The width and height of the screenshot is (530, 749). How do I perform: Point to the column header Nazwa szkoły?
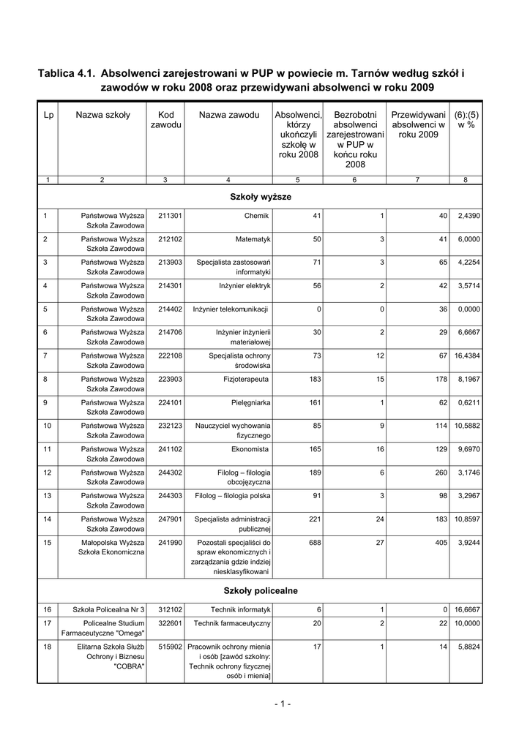pos(102,115)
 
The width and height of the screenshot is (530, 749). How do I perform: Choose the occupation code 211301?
pos(170,216)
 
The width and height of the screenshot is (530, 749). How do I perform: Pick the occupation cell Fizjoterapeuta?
pos(247,379)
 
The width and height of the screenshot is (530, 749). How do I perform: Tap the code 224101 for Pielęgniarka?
pos(170,402)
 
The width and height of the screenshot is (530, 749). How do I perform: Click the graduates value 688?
pos(315,543)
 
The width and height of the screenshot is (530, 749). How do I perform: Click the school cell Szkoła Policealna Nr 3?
pos(108,609)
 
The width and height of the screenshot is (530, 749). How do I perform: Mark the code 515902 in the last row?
pos(170,647)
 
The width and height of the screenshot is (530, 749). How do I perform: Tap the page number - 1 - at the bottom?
pos(283,704)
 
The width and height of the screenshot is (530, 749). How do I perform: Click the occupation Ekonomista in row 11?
pos(251,449)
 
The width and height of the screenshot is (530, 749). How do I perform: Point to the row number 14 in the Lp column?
pos(48,519)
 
